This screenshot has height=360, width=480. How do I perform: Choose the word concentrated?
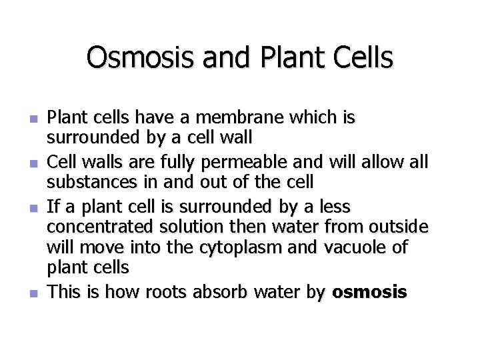[97, 228]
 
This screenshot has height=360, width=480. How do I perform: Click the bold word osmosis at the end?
[369, 293]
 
